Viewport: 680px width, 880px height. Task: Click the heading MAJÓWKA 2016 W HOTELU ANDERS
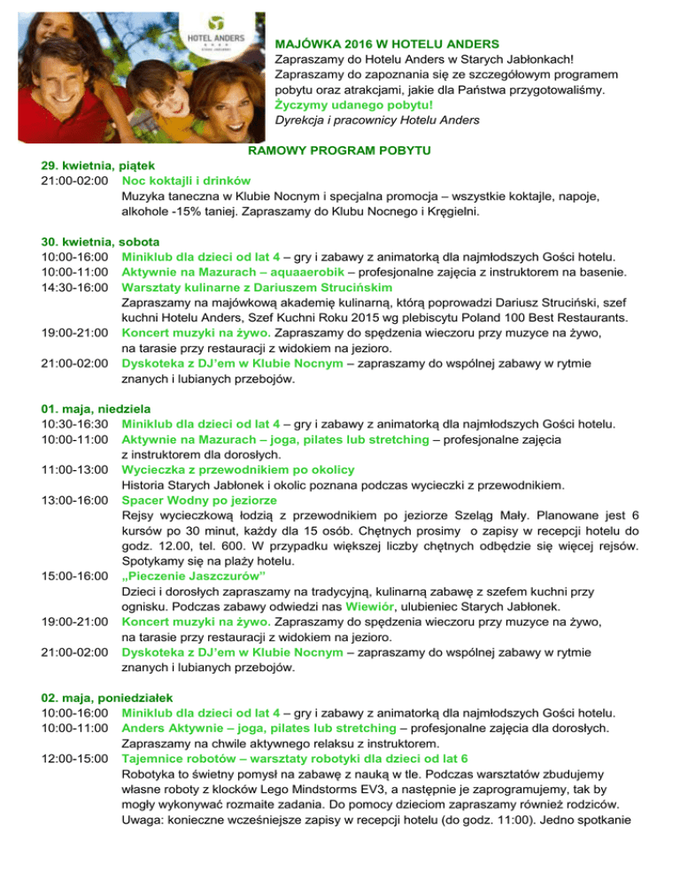tap(388, 42)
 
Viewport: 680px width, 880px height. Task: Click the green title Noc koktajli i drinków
tap(187, 181)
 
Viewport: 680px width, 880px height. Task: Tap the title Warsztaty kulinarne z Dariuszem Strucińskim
tap(257, 287)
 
